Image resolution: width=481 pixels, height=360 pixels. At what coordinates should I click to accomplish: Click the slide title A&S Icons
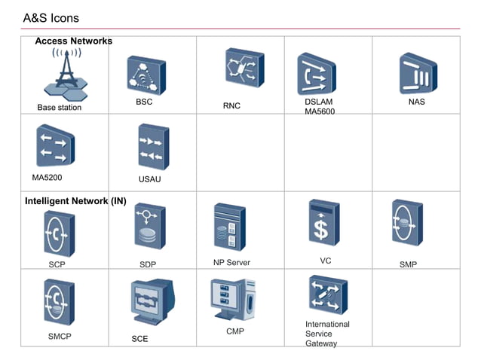pos(51,17)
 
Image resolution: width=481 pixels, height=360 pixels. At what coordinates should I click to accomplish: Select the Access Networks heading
pos(73,41)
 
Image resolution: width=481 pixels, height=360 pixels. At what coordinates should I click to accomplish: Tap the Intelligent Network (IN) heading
pos(75,201)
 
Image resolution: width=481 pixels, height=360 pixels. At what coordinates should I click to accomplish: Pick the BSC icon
pos(146,74)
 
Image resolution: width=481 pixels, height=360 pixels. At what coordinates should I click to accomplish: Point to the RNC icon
pos(244,68)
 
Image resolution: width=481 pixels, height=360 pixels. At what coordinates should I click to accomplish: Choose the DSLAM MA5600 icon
pos(316,73)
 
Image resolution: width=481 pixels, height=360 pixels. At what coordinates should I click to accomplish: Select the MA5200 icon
pos(55,145)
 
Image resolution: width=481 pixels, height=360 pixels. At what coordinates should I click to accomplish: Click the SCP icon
pos(59,233)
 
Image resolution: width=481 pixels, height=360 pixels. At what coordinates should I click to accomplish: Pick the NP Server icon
pos(229,227)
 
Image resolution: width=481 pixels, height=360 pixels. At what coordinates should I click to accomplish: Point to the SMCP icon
pos(58,301)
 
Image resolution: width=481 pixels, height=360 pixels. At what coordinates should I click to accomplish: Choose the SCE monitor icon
pos(153,301)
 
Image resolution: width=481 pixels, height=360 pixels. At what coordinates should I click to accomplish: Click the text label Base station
pos(60,108)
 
